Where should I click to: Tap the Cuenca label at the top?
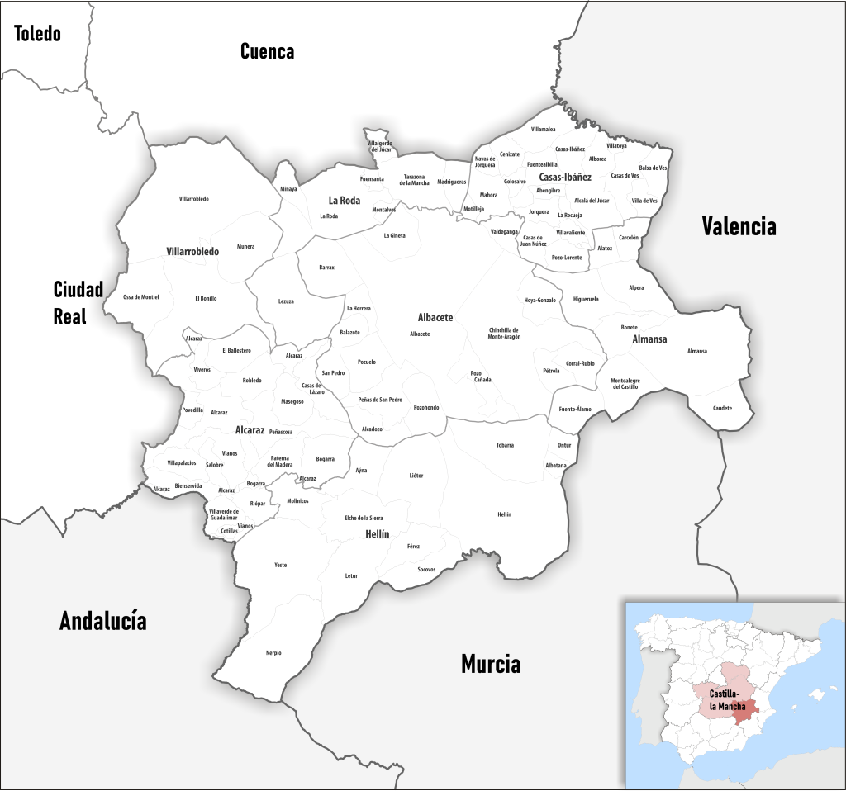point(267,51)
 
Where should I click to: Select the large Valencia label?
point(739,226)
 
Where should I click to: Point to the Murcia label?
point(491,663)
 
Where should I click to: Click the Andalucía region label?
point(102,621)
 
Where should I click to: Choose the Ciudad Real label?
point(78,302)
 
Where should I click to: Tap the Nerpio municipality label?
point(273,653)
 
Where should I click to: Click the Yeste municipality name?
point(280,565)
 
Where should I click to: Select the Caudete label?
point(722,408)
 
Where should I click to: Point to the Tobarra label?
point(505,445)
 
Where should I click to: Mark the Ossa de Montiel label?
point(140,296)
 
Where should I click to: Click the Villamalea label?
point(544,130)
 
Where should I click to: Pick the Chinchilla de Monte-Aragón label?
point(504,334)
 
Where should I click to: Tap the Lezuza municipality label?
point(286,301)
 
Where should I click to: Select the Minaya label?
point(288,189)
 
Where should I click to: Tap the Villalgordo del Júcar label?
point(380,146)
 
